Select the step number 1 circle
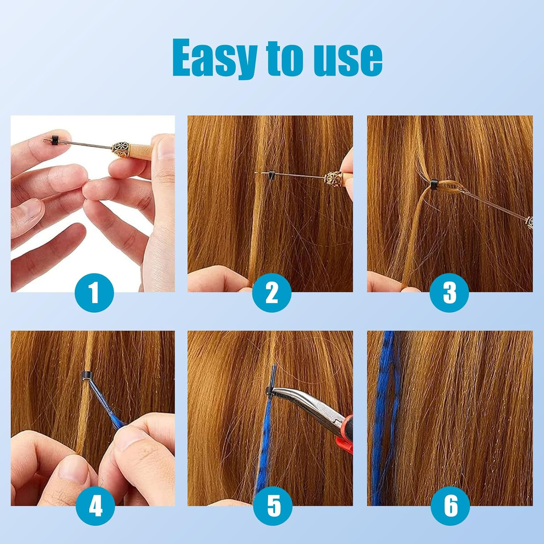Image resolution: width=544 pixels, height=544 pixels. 94,293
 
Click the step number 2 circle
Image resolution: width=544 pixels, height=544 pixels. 272,293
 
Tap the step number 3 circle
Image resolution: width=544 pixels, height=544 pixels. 449,293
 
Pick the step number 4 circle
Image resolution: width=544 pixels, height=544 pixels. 95,506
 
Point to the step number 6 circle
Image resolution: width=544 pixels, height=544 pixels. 450,506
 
